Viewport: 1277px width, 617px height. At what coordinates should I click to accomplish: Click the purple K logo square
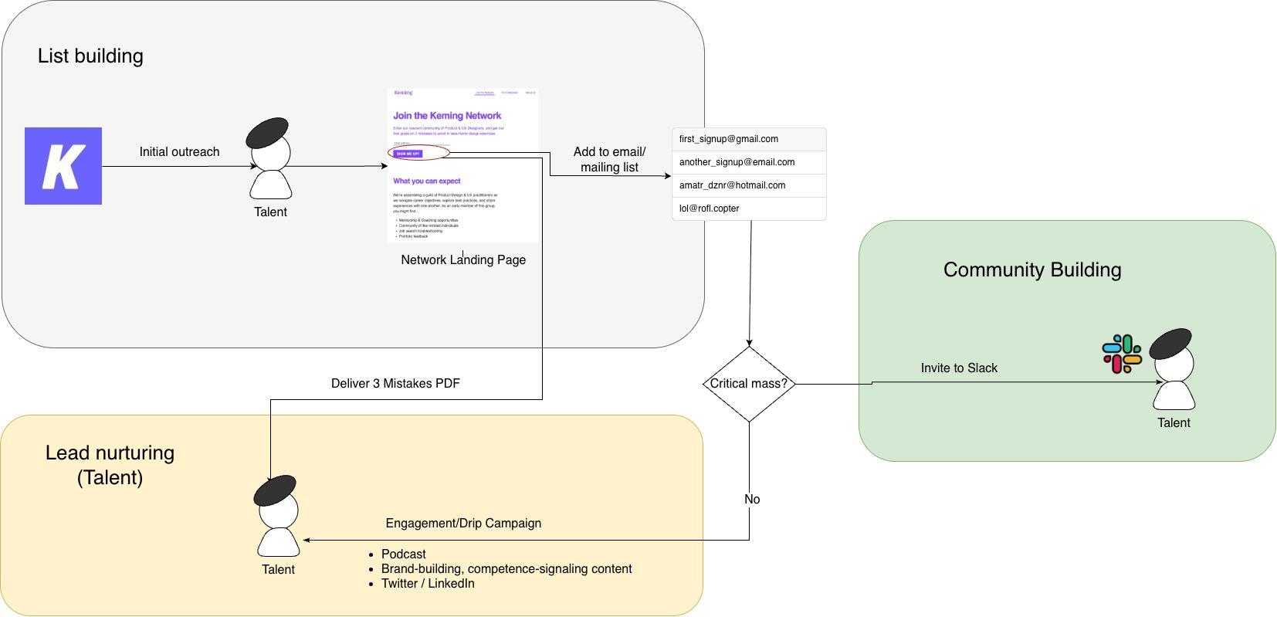63,166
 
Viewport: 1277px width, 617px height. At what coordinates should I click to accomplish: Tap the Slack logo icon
1122,354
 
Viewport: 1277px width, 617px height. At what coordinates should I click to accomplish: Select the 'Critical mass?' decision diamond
749,384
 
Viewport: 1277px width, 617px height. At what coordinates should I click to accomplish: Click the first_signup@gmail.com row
748,139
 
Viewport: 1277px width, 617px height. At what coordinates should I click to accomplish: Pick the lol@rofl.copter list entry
748,208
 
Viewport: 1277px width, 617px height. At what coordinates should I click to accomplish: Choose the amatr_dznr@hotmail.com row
748,185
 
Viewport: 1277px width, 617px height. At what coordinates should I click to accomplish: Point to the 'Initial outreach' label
179,152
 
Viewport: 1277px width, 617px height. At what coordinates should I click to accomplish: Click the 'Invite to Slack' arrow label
959,368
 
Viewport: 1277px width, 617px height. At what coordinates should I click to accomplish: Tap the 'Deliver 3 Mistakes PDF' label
395,383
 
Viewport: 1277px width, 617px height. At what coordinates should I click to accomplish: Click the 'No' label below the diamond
752,500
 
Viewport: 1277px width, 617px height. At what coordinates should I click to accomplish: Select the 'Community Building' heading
1032,270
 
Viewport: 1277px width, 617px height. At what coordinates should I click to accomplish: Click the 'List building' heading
90,56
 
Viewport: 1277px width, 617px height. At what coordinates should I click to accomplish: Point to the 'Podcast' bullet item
403,554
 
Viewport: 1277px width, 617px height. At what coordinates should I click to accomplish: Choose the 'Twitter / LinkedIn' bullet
428,584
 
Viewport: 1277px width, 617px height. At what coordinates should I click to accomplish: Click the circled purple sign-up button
408,154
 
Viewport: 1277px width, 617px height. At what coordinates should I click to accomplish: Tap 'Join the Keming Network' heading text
447,116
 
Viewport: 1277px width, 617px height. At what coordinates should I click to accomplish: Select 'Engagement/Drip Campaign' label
463,524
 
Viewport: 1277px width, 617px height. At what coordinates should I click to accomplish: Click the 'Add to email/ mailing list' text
609,159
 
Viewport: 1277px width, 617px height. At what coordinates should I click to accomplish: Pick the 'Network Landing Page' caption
463,260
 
